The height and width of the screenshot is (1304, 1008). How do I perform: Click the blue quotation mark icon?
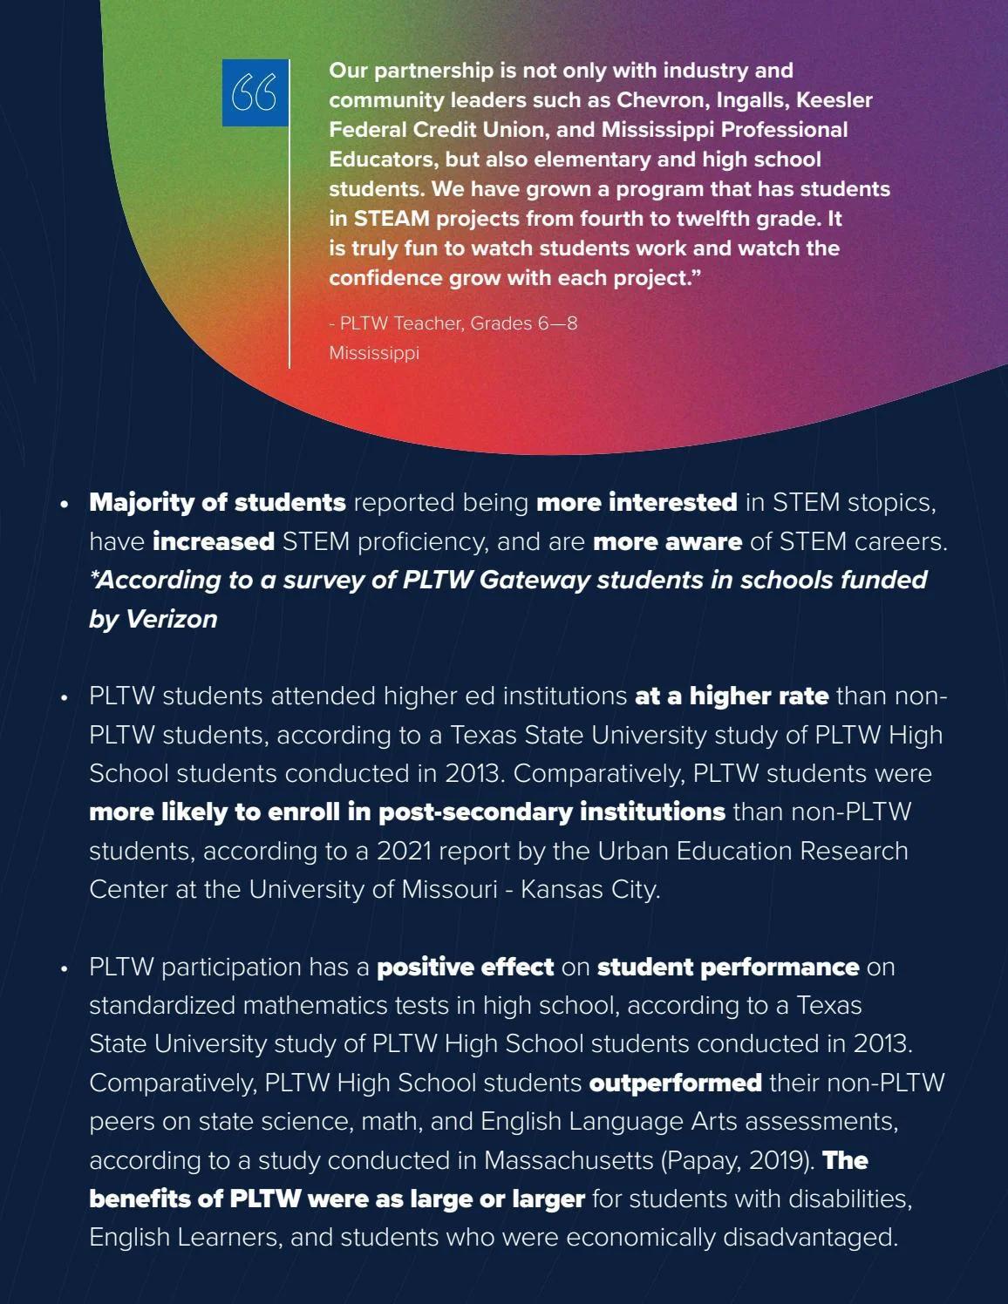[255, 92]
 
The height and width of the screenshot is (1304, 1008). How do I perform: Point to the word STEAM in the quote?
[392, 219]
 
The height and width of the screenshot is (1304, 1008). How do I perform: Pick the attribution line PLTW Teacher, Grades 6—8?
[453, 323]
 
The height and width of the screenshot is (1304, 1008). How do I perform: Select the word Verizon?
[171, 619]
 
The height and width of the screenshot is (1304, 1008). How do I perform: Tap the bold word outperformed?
[675, 1083]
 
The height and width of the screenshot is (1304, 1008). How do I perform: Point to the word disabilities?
[849, 1199]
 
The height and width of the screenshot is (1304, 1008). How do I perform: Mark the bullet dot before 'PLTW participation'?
[64, 968]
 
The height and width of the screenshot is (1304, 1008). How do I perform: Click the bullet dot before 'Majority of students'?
[64, 505]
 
